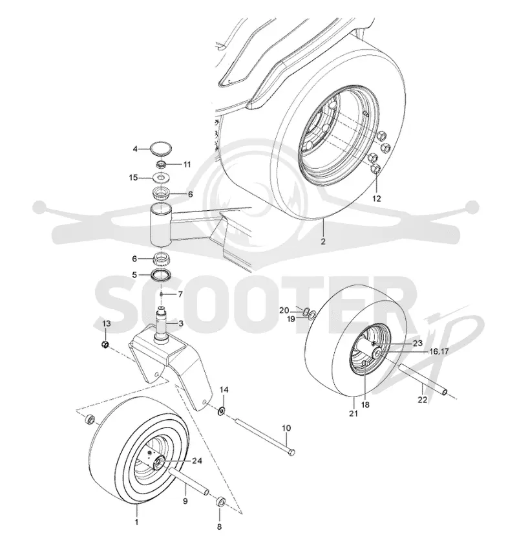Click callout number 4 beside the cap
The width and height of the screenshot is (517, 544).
click(x=135, y=149)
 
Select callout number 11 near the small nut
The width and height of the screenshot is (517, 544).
click(x=187, y=164)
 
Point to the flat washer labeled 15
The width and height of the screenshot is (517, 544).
click(x=161, y=178)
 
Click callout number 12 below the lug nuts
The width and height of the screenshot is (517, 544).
click(x=377, y=199)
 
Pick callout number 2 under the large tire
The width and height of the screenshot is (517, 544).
click(x=323, y=241)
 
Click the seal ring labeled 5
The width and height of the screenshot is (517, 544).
click(x=161, y=275)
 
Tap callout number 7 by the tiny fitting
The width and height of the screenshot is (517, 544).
click(x=180, y=294)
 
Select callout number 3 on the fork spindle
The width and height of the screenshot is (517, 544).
click(x=181, y=323)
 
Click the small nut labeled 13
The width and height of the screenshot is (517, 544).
click(x=105, y=345)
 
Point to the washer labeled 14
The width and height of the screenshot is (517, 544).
click(x=221, y=411)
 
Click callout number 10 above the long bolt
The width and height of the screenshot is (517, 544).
click(x=286, y=428)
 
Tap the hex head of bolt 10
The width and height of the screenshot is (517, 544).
click(x=291, y=452)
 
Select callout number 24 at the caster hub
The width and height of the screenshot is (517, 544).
click(x=197, y=461)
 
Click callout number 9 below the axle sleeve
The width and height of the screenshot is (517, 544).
click(x=185, y=501)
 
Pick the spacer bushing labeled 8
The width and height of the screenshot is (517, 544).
click(x=220, y=503)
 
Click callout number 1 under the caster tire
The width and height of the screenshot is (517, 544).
click(x=136, y=522)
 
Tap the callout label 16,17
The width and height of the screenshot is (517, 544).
click(x=439, y=352)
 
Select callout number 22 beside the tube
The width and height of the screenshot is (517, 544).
click(x=423, y=400)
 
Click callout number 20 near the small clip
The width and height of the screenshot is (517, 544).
click(x=284, y=310)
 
